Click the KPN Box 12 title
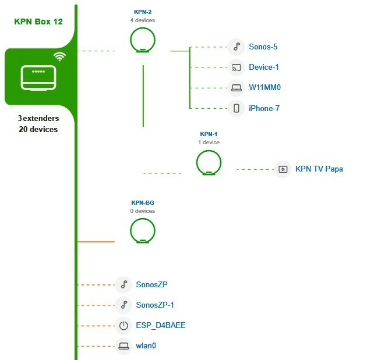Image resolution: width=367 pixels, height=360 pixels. [x=38, y=22]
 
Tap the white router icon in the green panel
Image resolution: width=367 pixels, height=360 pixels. [x=38, y=78]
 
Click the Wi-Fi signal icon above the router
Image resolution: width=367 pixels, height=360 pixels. [x=59, y=56]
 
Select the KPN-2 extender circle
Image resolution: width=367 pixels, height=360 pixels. [x=143, y=41]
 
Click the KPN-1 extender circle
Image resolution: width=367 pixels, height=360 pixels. [x=209, y=162]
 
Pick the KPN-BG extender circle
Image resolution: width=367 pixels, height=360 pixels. [x=143, y=231]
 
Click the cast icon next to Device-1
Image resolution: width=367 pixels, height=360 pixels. [x=236, y=67]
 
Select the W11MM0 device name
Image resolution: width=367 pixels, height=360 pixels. [x=265, y=88]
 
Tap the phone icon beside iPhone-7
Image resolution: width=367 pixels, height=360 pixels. [x=236, y=108]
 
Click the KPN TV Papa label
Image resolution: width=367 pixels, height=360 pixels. [x=319, y=169]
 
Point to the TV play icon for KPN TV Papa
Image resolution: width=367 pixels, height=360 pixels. [x=283, y=169]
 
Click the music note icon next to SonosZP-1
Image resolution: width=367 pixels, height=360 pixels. [x=123, y=305]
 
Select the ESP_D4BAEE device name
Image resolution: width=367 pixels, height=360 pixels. [x=161, y=326]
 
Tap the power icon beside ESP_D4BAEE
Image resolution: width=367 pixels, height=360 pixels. [x=123, y=326]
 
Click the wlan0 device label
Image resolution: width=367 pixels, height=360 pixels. [x=146, y=346]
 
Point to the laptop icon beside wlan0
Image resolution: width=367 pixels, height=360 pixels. [x=123, y=346]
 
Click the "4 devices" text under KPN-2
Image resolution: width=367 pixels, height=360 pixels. [x=143, y=20]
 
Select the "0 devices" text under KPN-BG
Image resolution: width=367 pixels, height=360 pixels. [x=143, y=211]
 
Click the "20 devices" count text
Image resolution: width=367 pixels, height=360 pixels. [x=38, y=129]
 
